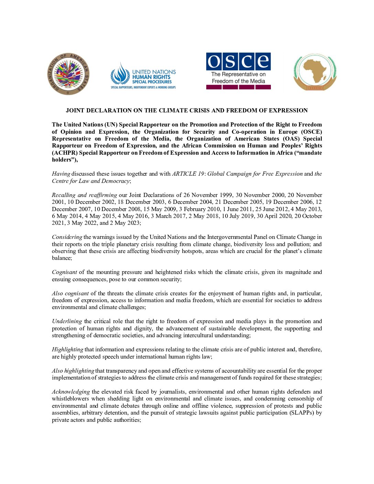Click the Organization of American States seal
(x=68, y=74)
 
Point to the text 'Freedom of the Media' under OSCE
(x=238, y=81)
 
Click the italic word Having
(x=61, y=174)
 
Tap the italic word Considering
(x=67, y=237)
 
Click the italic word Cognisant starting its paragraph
(x=64, y=272)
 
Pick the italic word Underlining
(x=67, y=321)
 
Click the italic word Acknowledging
(x=71, y=392)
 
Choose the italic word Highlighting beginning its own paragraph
(x=67, y=349)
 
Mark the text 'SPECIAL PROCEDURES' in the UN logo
(x=152, y=82)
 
